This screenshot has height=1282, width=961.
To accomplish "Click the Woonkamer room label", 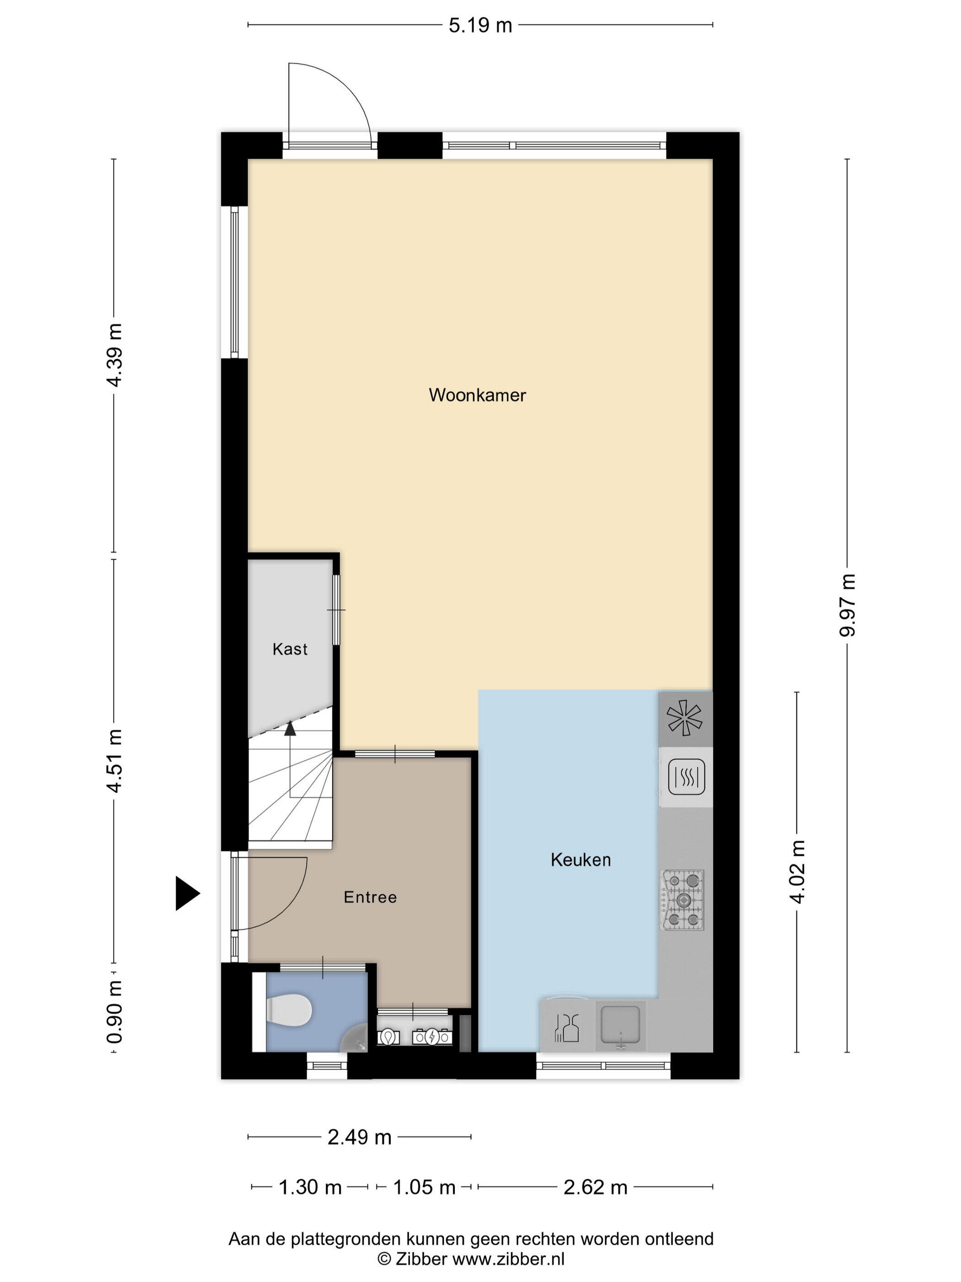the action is point(477,395).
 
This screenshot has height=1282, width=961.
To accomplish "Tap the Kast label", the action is point(290,649).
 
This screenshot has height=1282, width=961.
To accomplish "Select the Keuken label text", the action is point(580,859).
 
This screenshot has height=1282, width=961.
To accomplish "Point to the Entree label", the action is point(370,897).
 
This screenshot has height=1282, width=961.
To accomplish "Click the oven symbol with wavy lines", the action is point(686,776).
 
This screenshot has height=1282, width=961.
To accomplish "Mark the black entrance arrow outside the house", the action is point(188,893).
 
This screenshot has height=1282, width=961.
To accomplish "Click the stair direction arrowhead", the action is point(290,728).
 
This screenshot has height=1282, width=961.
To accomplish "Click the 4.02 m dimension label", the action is point(797,872).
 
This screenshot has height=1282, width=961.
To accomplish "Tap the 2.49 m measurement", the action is point(360,1138).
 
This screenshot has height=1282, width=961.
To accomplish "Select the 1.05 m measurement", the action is point(425,1188).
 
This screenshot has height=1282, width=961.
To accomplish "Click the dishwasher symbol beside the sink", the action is point(567,1028).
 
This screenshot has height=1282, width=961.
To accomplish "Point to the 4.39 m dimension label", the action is point(115,355).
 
